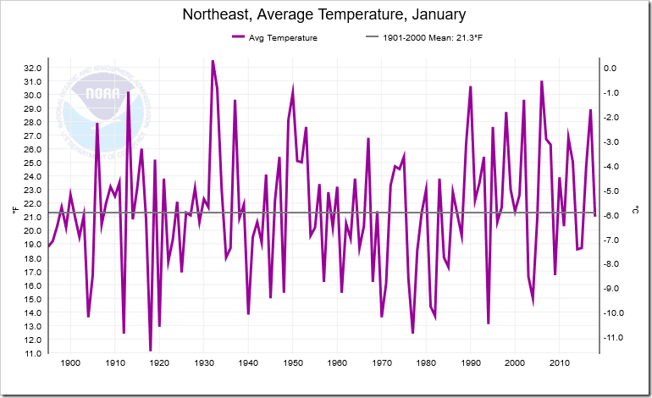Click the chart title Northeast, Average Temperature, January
326,15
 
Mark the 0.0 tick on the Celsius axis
609,68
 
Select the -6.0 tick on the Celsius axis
611,215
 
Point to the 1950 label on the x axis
292,363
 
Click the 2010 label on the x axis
560,363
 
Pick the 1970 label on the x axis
382,363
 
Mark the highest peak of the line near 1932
213,61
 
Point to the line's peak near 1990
471,86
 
